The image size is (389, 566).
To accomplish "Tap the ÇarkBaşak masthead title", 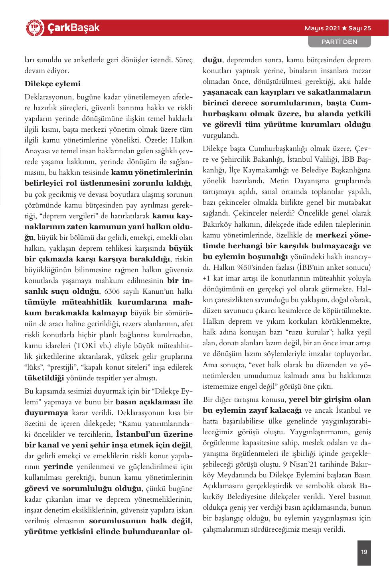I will click(73, 28).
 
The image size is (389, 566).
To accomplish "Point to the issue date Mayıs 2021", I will click(322, 28).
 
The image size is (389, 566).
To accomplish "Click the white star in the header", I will click(344, 28).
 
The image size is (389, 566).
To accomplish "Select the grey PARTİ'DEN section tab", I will click(339, 42).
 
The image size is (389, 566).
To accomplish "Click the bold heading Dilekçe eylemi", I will click(52, 84).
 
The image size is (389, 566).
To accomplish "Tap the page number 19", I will click(364, 552).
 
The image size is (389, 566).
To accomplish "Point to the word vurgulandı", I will click(221, 135).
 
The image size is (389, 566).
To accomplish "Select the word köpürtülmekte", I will click(347, 310).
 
